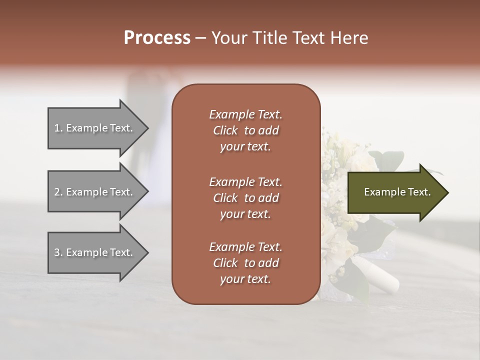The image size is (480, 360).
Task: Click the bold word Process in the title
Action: coord(157,38)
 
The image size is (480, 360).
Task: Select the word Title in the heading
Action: coord(269,38)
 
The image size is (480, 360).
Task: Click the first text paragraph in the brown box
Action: coord(245,130)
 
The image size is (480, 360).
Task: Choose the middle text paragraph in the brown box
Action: coord(245,197)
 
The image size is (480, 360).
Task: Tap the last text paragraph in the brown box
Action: coord(245,262)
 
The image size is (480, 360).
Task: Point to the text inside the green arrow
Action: coord(397,192)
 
